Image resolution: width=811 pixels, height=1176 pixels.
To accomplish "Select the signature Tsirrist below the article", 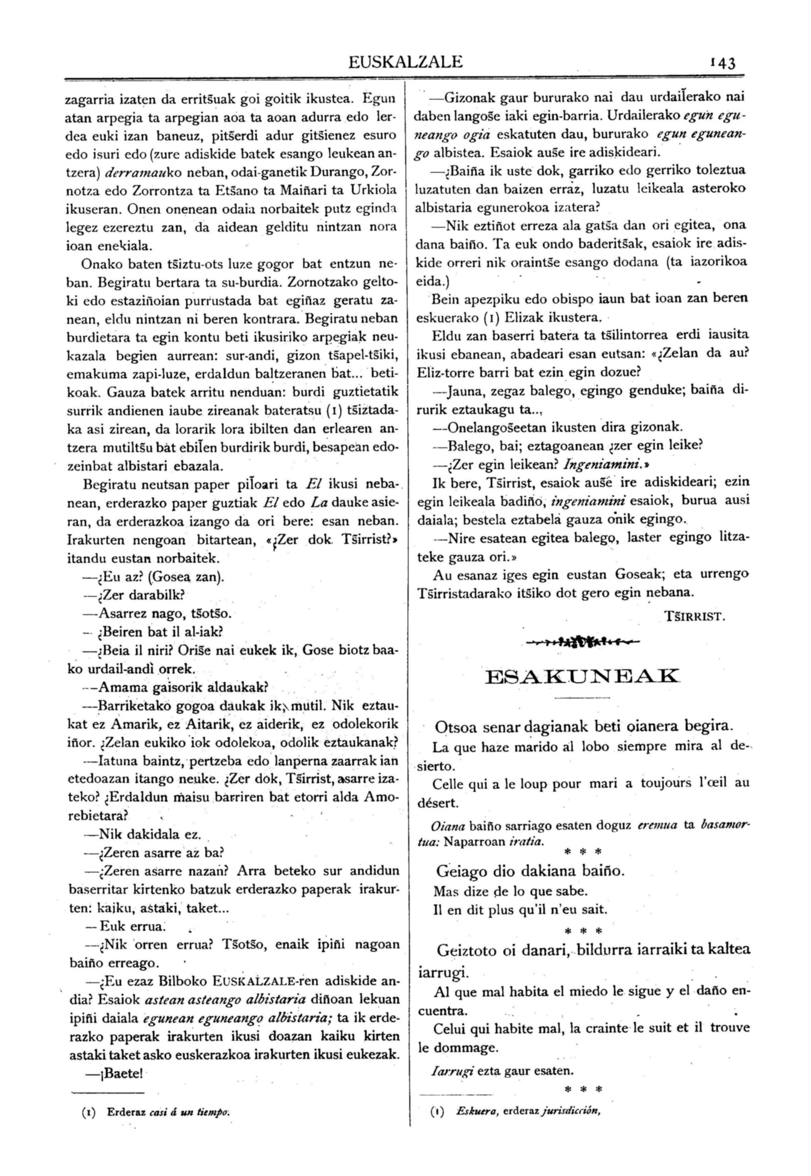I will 695,617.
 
